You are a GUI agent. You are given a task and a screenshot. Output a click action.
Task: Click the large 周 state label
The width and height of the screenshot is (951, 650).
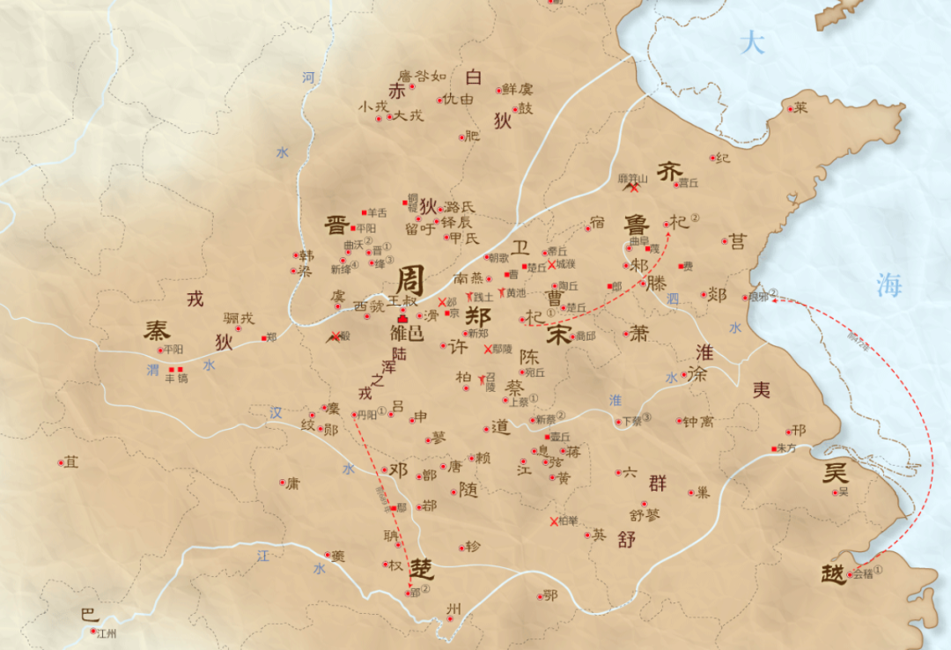[x=409, y=282]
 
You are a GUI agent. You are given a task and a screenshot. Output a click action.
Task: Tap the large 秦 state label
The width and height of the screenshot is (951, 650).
[x=158, y=331]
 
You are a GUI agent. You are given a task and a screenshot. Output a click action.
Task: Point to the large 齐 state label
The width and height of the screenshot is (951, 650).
[x=670, y=172]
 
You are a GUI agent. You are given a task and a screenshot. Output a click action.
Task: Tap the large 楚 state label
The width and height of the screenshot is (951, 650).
[x=422, y=566]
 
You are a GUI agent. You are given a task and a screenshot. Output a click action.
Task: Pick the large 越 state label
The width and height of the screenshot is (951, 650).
[x=832, y=573]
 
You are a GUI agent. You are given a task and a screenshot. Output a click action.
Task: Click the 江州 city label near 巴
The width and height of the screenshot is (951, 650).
[x=107, y=633]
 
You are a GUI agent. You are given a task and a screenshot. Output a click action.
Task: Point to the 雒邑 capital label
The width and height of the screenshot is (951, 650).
[x=407, y=333]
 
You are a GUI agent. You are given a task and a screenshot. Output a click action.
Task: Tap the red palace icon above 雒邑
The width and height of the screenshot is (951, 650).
[x=403, y=317]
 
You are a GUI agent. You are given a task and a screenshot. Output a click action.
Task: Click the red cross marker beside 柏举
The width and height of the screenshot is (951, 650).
[x=553, y=521]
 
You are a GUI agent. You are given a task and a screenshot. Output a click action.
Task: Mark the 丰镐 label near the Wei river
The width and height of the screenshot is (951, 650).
[x=176, y=378]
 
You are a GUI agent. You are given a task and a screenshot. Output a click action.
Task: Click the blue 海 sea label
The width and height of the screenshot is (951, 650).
[x=889, y=284]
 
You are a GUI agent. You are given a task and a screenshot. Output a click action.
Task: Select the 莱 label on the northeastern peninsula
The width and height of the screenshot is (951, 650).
[x=800, y=108]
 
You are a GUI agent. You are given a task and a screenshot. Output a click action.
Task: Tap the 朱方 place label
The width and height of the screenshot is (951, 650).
[x=786, y=448]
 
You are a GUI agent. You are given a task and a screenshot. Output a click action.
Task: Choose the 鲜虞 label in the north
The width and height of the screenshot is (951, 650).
[x=518, y=89]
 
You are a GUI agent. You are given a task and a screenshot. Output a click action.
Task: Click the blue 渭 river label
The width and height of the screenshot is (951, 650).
[x=153, y=370]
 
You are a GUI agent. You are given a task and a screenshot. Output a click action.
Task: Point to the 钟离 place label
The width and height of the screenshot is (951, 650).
[x=697, y=422]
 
